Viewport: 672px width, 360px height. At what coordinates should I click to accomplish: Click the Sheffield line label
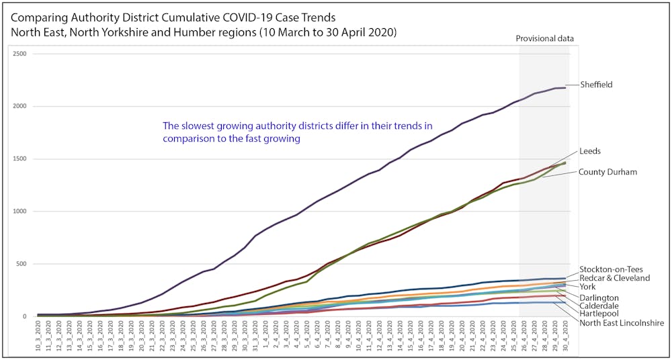coord(596,85)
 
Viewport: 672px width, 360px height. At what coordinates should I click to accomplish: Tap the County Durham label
coord(607,172)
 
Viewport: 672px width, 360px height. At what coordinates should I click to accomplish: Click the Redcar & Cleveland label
coord(614,278)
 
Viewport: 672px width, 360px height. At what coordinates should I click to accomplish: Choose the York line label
coord(588,287)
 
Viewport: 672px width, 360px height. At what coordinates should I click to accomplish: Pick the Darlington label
coord(599,298)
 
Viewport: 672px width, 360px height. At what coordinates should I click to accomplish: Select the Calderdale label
coord(599,306)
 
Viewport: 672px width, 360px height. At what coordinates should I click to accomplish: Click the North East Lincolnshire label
coord(622,323)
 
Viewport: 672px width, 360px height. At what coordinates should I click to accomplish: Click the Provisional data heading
coord(544,38)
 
